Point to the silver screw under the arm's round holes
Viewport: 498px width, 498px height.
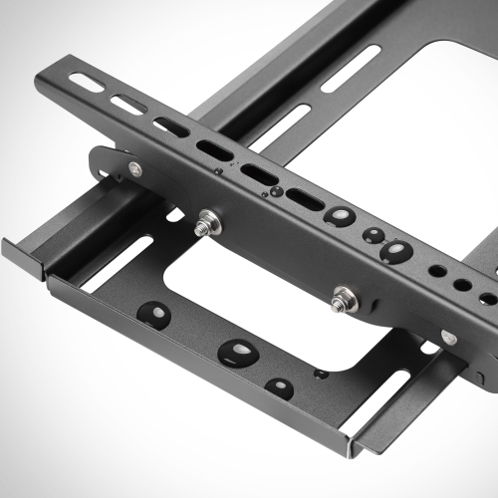(448, 338)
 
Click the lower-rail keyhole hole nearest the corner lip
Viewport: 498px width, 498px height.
(281, 388)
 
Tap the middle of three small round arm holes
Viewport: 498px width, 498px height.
(462, 285)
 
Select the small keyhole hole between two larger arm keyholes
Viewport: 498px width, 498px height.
(374, 236)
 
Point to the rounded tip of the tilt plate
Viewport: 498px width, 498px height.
(101, 159)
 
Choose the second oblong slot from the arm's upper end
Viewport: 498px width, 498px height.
(128, 105)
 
